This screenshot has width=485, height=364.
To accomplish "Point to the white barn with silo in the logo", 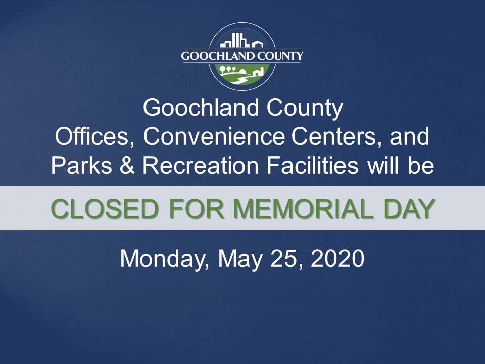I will point(257,72).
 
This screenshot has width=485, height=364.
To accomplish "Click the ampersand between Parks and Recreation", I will point(128,166).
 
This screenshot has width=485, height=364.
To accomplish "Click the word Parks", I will point(83,166).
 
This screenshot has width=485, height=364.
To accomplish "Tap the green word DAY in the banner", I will point(406,208).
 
